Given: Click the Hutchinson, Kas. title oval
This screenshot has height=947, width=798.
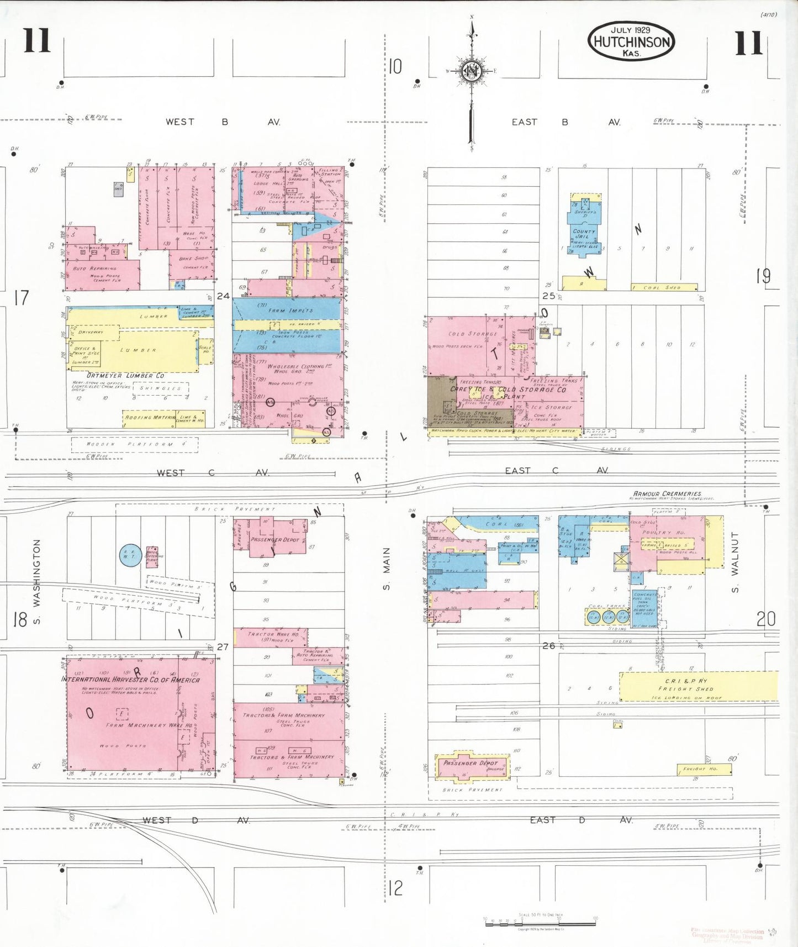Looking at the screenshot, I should (631, 41).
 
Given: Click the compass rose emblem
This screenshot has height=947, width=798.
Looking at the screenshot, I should (472, 71).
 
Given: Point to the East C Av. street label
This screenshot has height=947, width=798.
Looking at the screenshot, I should (556, 471).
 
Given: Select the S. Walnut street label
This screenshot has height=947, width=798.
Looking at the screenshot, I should (735, 562).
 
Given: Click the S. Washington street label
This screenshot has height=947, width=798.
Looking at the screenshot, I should (37, 582).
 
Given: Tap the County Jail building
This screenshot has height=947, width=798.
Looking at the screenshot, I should (584, 234).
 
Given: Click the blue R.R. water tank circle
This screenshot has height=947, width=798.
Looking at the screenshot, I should (131, 555).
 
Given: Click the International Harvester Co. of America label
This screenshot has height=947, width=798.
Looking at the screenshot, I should (130, 680).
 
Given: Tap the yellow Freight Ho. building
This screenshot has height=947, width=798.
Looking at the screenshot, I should (704, 769).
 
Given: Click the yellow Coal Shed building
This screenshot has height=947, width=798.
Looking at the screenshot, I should (664, 287).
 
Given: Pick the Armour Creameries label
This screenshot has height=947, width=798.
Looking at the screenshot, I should (667, 493).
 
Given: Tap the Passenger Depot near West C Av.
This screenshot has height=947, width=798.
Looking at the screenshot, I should (274, 539).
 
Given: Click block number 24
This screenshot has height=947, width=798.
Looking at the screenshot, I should (223, 296).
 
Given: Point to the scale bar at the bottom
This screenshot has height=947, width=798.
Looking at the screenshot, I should (541, 921).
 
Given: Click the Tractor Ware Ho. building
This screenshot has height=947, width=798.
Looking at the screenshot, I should (273, 637).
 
